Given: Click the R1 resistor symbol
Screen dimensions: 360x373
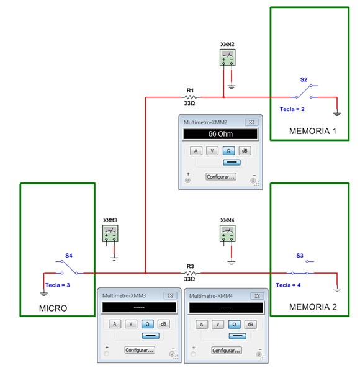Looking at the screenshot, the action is pyautogui.click(x=191, y=97).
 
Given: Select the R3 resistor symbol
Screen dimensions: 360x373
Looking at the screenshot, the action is pyautogui.click(x=191, y=273).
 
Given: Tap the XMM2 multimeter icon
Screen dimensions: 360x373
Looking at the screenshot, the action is pyautogui.click(x=227, y=57).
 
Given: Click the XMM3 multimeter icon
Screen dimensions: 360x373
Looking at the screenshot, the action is pyautogui.click(x=110, y=233).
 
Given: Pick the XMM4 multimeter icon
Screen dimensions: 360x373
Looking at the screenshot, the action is pyautogui.click(x=227, y=233).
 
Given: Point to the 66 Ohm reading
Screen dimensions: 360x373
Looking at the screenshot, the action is pyautogui.click(x=220, y=133).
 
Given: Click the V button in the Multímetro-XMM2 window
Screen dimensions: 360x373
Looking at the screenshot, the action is pyautogui.click(x=212, y=151).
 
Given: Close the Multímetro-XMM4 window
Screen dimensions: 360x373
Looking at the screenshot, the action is pyautogui.click(x=257, y=295).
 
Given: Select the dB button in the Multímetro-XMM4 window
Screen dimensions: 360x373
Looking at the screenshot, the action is pyautogui.click(x=250, y=324).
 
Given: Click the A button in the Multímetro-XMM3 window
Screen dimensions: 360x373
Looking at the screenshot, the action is pyautogui.click(x=115, y=324).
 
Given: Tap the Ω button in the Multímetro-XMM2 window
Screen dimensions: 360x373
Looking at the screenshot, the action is pyautogui.click(x=228, y=151).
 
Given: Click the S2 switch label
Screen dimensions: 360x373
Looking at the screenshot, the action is pyautogui.click(x=304, y=79).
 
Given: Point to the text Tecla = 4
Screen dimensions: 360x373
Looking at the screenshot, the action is pyautogui.click(x=288, y=285).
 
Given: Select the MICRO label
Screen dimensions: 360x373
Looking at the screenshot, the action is pyautogui.click(x=53, y=308).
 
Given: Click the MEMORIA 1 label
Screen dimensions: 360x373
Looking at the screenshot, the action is pyautogui.click(x=313, y=131).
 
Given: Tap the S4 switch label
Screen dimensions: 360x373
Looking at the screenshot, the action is pyautogui.click(x=69, y=256).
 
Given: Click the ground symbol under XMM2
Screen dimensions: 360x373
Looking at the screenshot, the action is pyautogui.click(x=232, y=87).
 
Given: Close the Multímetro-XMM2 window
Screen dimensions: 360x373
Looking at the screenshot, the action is pyautogui.click(x=251, y=122).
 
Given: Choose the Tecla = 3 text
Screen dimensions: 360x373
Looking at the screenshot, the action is pyautogui.click(x=58, y=285).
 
